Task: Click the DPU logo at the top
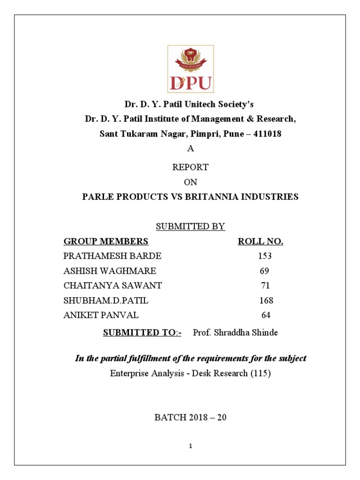point(190,69)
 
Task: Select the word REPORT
point(190,167)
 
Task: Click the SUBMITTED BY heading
point(190,227)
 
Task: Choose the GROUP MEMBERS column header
point(106,242)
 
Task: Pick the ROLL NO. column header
point(261,242)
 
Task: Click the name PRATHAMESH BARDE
point(112,256)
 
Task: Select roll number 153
point(265,256)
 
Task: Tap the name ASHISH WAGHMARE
point(110,271)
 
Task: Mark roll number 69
point(264,271)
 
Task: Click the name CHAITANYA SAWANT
point(112,286)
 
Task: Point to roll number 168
point(266,300)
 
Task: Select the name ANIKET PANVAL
point(101,315)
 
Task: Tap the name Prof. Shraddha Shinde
point(235,333)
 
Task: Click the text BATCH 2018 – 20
point(190,417)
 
